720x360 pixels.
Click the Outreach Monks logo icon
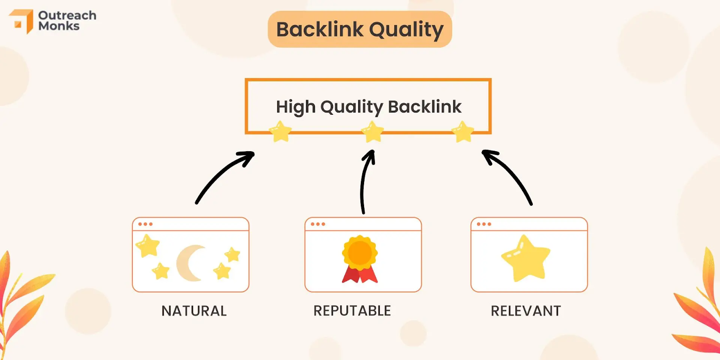click(x=22, y=21)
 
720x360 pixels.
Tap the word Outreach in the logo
click(x=67, y=15)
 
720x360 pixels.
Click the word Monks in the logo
click(x=59, y=26)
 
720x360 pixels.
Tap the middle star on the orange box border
click(x=373, y=131)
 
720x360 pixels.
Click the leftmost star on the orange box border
click(x=280, y=131)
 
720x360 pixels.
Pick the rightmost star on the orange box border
click(x=463, y=131)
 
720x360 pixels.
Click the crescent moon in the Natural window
click(x=189, y=263)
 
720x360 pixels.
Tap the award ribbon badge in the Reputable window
click(x=360, y=259)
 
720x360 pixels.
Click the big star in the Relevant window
click(x=526, y=259)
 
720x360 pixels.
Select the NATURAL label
click(x=194, y=311)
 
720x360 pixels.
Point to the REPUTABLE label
click(x=352, y=311)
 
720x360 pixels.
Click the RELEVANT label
click(x=526, y=311)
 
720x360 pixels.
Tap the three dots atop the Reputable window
click(x=318, y=224)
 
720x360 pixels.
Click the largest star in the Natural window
click(x=148, y=246)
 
